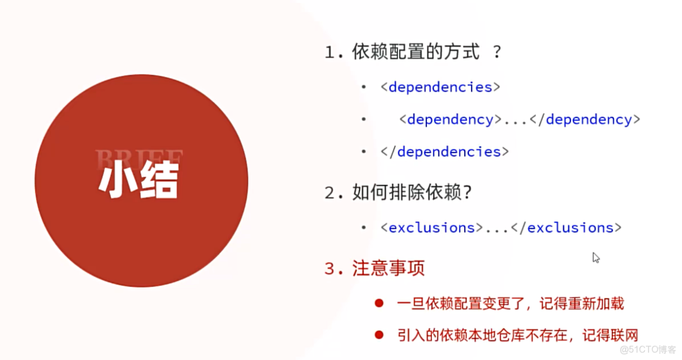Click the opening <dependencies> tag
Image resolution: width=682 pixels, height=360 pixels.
440,87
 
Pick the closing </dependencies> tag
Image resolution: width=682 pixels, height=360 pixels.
444,152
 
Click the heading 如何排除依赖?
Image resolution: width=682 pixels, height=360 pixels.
412,192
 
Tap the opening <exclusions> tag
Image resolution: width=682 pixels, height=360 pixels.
431,228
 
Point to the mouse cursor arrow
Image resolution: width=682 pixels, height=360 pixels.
596,257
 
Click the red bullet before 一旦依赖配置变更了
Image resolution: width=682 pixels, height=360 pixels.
378,304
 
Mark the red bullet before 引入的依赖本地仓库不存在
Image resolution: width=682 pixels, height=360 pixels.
378,335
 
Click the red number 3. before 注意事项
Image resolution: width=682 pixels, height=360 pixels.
334,269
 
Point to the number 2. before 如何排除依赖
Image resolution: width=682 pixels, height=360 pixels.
334,193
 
